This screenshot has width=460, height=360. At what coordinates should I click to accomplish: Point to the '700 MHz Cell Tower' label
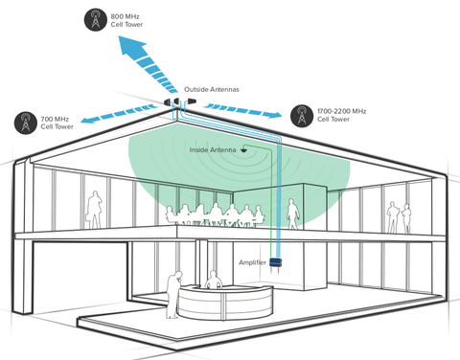(57, 122)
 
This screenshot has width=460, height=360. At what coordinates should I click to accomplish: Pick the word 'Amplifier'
(252, 261)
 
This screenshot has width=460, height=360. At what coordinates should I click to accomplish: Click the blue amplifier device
(277, 261)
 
